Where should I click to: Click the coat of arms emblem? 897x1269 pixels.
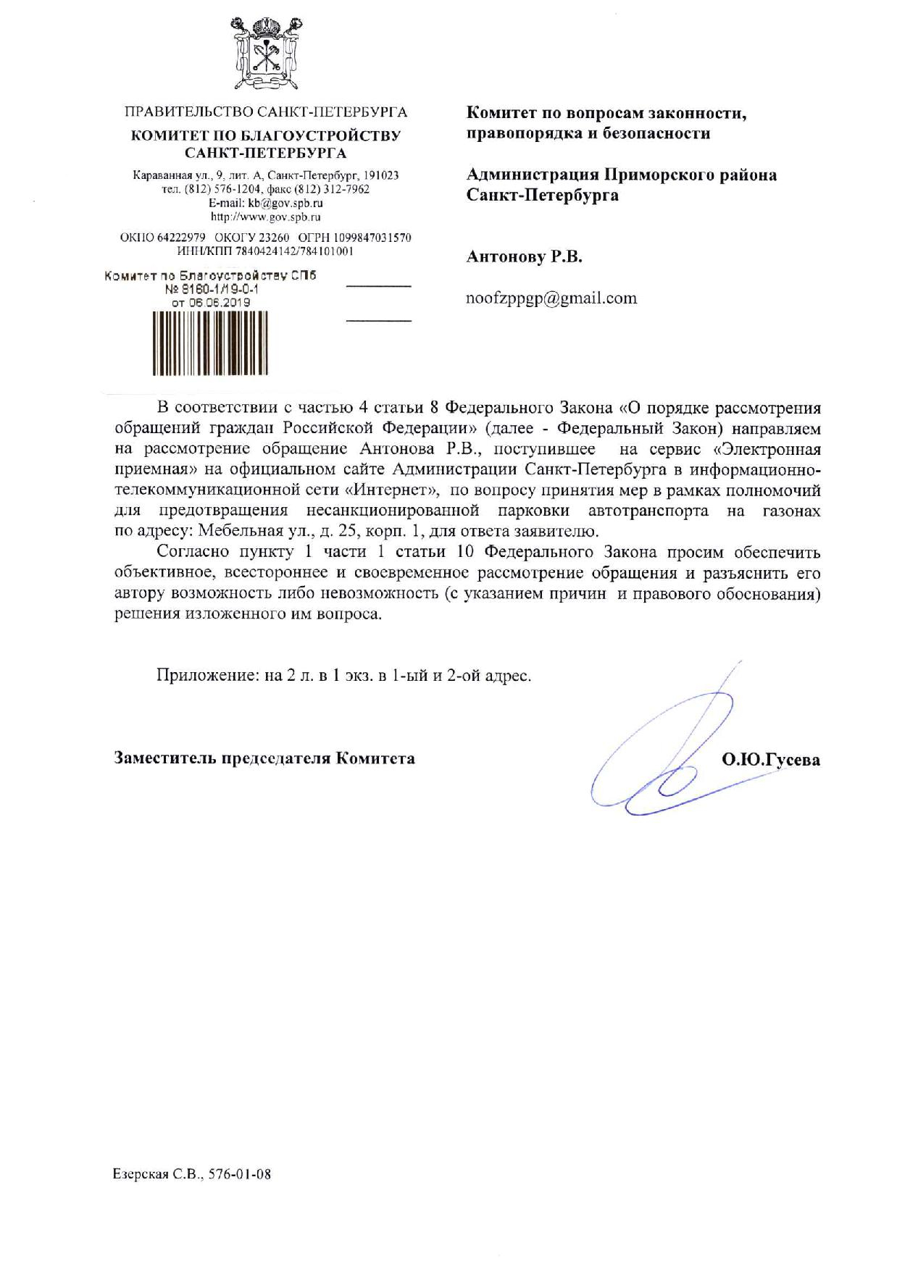tap(265, 54)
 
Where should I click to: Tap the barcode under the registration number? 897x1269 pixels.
tap(210, 343)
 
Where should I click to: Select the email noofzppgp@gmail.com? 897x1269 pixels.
tap(551, 298)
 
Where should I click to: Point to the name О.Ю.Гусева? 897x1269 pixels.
tap(771, 759)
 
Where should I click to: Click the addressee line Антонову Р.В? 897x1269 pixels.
tap(524, 257)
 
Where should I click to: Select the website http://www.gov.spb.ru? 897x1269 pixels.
tap(265, 217)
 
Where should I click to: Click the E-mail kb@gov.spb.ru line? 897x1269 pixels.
tap(265, 203)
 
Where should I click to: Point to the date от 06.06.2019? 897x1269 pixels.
tap(210, 303)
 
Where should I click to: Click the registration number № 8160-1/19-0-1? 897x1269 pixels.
tap(212, 290)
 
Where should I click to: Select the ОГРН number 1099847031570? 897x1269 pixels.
tap(372, 238)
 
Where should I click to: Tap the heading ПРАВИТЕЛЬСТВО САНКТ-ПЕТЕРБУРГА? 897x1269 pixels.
tap(265, 112)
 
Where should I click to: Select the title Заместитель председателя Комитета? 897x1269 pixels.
tap(264, 758)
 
